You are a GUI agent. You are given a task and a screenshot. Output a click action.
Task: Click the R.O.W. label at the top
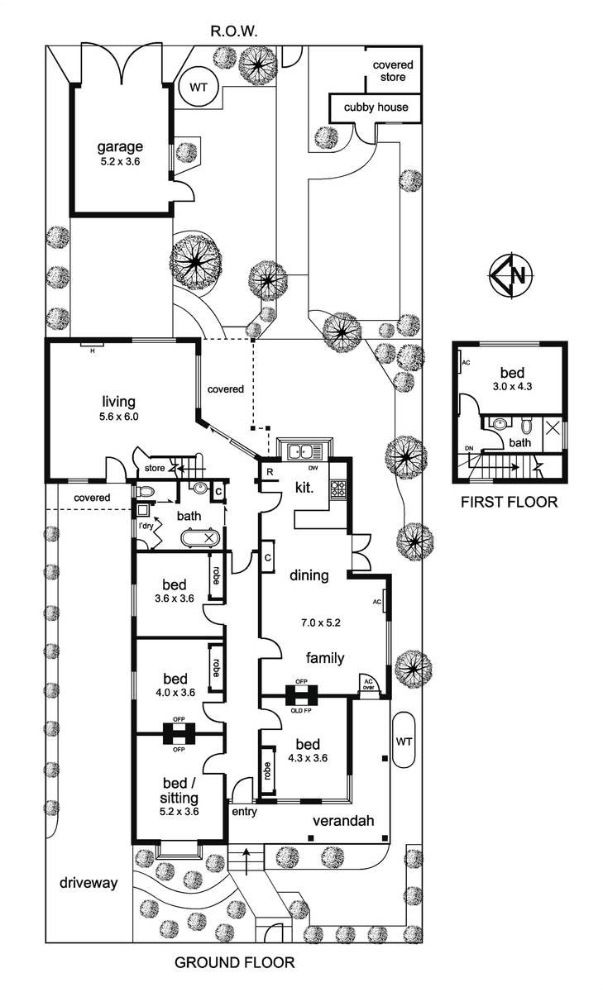234,32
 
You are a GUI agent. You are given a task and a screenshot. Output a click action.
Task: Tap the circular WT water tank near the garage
199,87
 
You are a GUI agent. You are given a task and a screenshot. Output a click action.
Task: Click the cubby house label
377,107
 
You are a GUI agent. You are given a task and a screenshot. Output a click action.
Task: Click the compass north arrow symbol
511,275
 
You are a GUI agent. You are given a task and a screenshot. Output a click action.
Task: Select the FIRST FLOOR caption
510,501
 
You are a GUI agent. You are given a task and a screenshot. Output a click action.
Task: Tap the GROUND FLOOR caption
234,962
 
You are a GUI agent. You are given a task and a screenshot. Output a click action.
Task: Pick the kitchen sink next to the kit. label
304,451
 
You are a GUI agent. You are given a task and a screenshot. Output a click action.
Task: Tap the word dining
309,575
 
